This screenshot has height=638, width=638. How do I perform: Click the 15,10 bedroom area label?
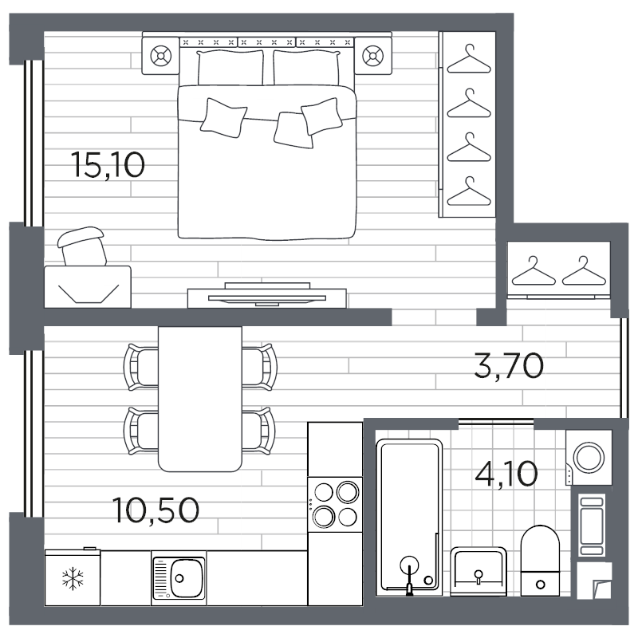click(108, 165)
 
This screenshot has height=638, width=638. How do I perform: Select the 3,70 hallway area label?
click(508, 366)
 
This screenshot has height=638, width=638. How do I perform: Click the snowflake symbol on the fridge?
click(73, 577)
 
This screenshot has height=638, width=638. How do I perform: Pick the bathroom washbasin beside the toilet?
click(478, 569)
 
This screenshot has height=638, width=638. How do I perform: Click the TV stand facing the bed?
click(266, 296)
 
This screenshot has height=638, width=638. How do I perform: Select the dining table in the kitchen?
click(199, 398)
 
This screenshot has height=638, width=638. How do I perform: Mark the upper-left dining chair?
click(141, 366)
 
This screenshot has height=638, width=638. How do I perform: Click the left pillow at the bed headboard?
click(230, 67)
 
